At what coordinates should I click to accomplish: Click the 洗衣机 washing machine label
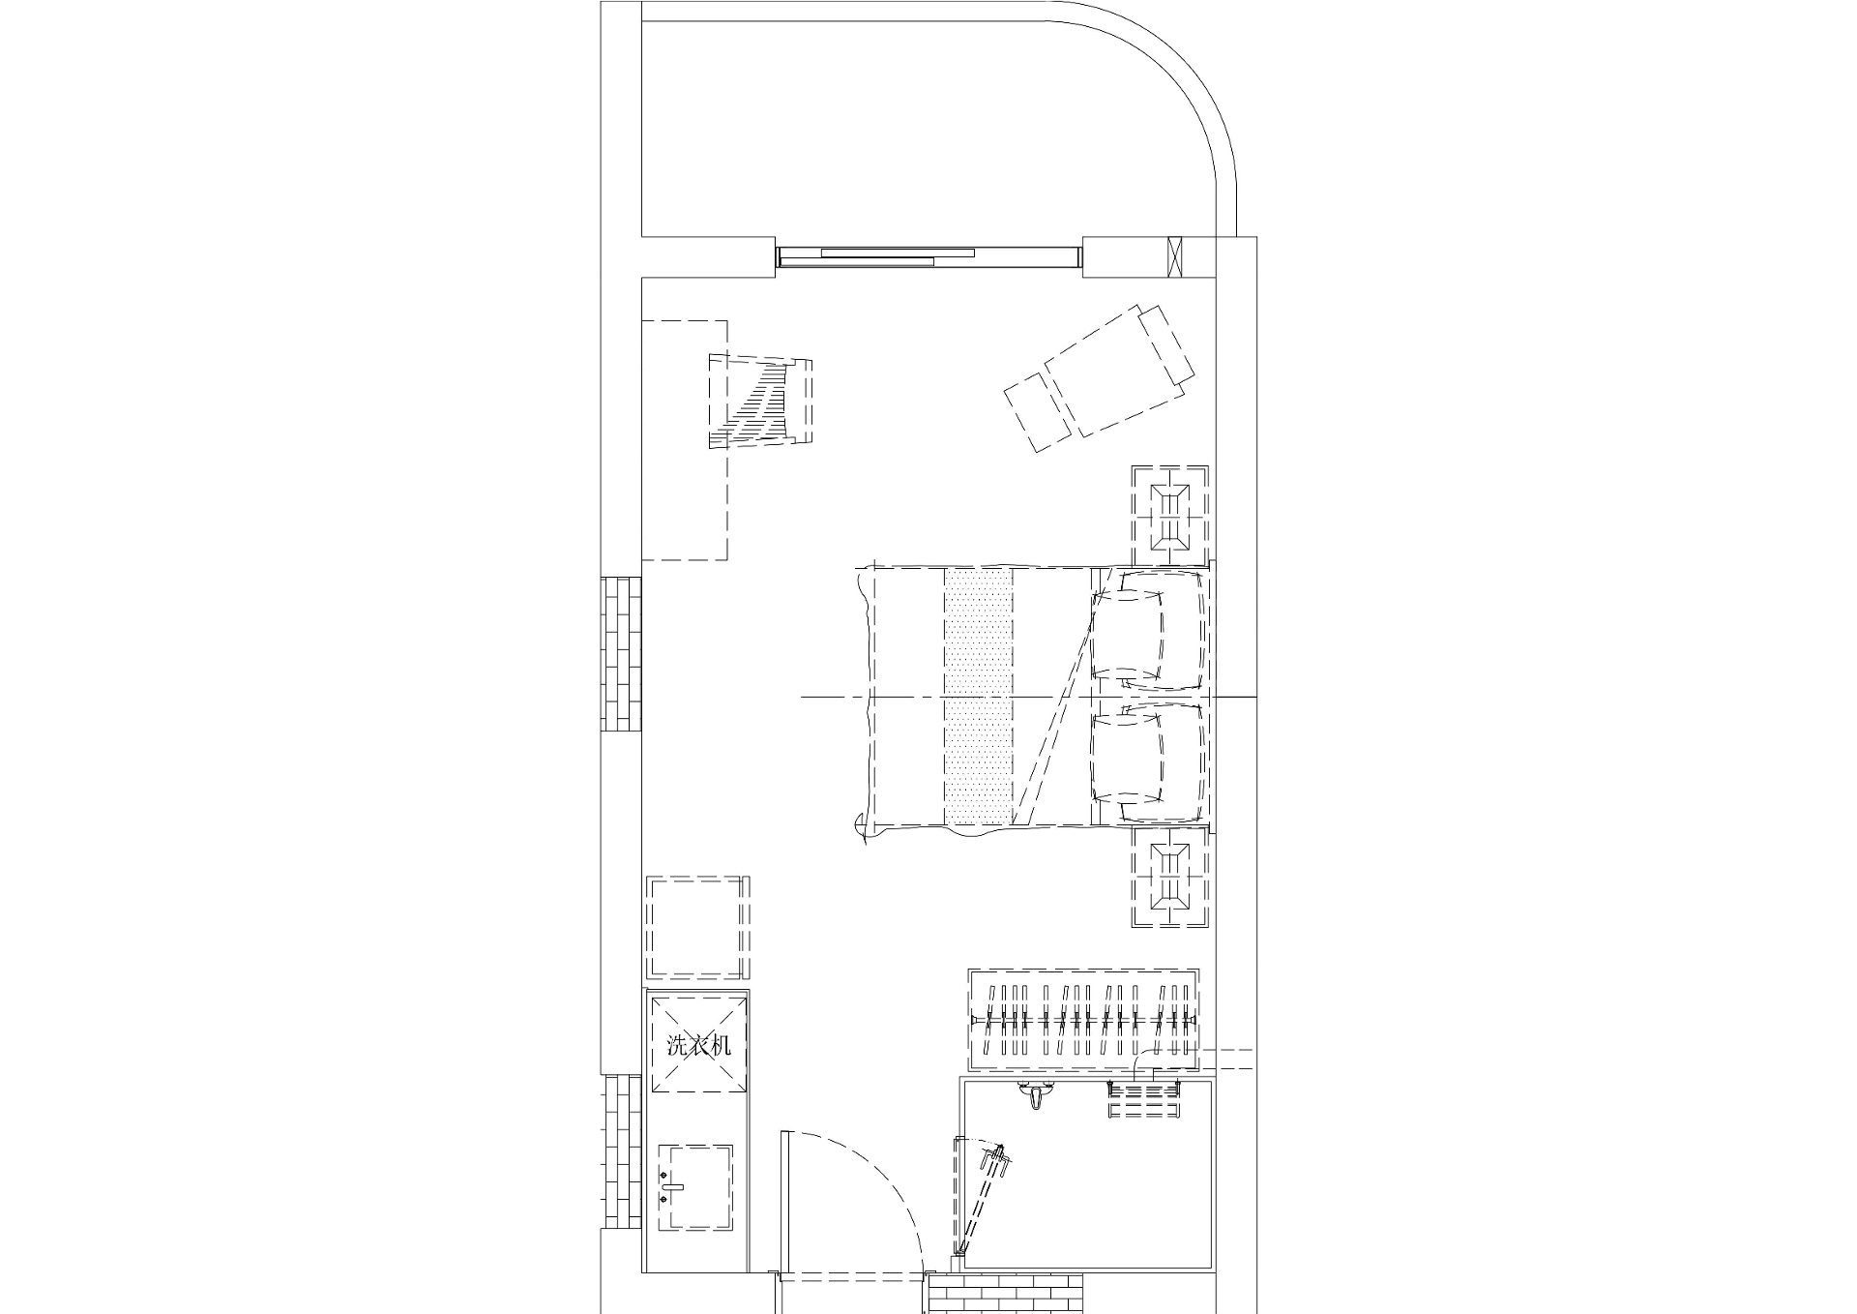coord(699,1046)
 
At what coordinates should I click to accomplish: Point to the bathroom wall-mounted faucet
coord(1037,1096)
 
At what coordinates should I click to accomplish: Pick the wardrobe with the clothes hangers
coord(1084,1020)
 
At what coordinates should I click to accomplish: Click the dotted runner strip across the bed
coord(978,697)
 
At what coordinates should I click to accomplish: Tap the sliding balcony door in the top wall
coord(929,256)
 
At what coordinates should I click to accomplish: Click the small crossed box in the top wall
coord(1176,256)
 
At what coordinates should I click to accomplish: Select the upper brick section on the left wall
coord(622,654)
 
